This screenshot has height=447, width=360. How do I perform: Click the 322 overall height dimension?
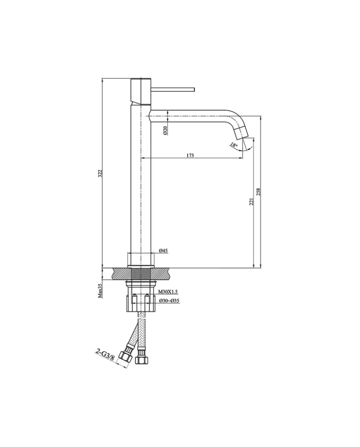pyautogui.click(x=100, y=173)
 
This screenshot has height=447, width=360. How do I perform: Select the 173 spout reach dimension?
pyautogui.click(x=190, y=155)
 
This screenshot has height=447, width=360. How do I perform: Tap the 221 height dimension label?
pyautogui.click(x=251, y=201)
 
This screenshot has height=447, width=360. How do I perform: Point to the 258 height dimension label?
pyautogui.click(x=259, y=192)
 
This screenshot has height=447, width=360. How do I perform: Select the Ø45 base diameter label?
pyautogui.click(x=163, y=251)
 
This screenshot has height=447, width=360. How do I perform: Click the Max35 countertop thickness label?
pyautogui.click(x=100, y=290)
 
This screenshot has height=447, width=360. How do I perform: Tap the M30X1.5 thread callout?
pyautogui.click(x=168, y=291)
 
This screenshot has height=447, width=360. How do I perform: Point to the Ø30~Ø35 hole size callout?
pyautogui.click(x=169, y=300)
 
